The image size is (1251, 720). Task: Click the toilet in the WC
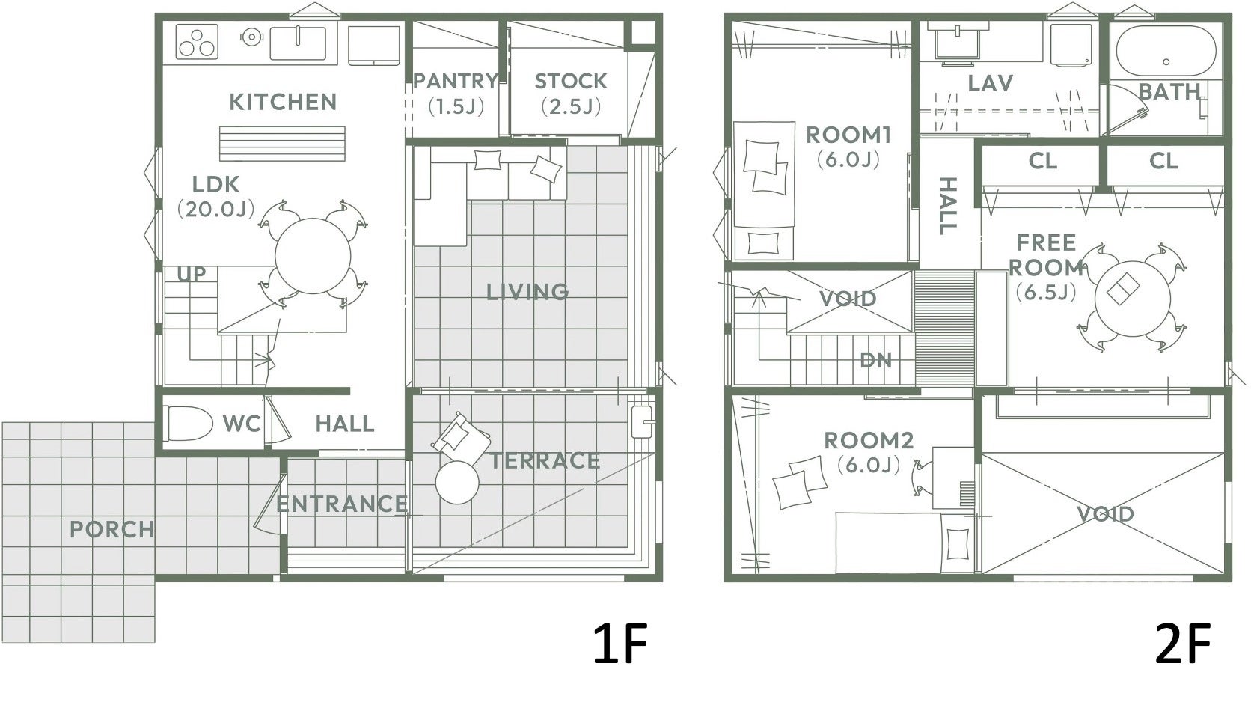(190, 423)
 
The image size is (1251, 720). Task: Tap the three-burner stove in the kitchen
(197, 42)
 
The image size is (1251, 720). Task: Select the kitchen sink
(299, 43)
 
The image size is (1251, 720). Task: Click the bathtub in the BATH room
(1166, 52)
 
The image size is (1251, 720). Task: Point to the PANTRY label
(456, 82)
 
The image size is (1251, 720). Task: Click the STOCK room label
(571, 82)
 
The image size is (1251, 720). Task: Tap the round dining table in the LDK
(313, 256)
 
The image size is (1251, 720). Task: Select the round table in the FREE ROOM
(1132, 299)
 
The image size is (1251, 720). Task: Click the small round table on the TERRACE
(457, 483)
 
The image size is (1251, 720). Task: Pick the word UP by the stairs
(191, 274)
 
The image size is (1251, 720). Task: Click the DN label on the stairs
(875, 361)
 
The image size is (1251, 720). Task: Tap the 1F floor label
(620, 644)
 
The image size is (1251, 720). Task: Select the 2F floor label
(1182, 644)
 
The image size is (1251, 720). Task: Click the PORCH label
(111, 530)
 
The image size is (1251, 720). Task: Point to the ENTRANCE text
(342, 504)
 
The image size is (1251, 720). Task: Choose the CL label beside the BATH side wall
(1164, 162)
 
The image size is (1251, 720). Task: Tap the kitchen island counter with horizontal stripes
(282, 144)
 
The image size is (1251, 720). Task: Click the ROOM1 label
(848, 135)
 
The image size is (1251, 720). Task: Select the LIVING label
(527, 292)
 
